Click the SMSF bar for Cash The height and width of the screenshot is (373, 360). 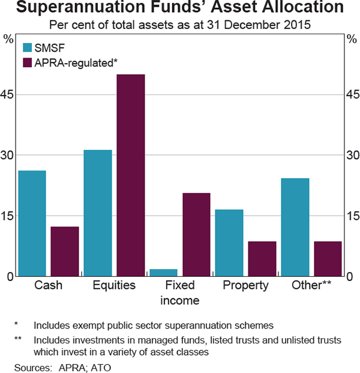point(32,223)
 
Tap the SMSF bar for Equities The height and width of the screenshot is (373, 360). point(98,213)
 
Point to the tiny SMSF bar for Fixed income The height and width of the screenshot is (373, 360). point(163,273)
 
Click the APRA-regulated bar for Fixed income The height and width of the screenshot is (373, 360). point(196,234)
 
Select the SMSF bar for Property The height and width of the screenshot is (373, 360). point(229,243)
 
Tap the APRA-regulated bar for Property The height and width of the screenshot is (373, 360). point(262,259)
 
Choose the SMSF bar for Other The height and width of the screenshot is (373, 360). point(295,227)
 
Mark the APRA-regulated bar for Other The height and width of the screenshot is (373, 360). point(327,259)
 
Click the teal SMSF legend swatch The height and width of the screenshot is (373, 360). point(28,49)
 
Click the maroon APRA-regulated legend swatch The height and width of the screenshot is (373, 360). point(28,62)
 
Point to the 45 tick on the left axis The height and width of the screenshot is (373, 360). point(9,94)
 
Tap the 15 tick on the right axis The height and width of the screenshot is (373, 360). point(352,216)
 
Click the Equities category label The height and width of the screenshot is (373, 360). point(114,286)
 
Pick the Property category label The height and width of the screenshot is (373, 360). point(245,286)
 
